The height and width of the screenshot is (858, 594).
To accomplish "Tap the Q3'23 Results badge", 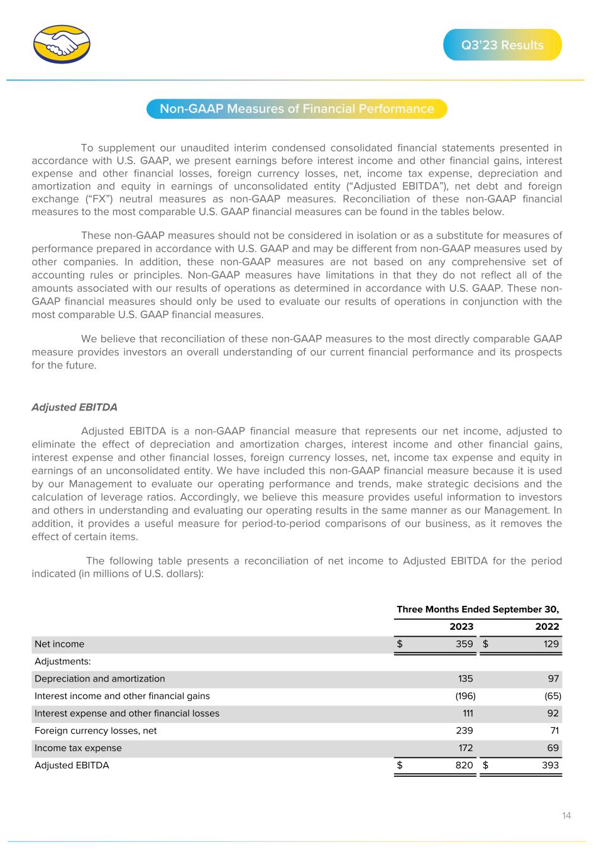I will tap(502, 45).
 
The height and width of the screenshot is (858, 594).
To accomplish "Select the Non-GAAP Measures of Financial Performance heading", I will tap(297, 109).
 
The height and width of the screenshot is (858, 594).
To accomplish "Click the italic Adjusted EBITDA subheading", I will tap(74, 407).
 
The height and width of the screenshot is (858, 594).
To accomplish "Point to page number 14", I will tap(566, 816).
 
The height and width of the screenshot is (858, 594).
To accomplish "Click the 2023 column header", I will tap(461, 627).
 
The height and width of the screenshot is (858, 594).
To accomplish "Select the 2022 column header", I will tap(547, 627).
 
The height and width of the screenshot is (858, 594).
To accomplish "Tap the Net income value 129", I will tap(550, 644).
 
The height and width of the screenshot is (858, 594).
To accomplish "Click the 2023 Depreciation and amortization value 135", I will tap(465, 679).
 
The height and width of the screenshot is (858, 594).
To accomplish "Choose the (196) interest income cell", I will tap(463, 696).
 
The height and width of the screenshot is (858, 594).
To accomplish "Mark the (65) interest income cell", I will tap(551, 696).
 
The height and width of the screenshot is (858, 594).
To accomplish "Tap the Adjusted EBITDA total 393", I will tap(549, 766).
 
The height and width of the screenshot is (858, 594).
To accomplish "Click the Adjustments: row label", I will tap(63, 662).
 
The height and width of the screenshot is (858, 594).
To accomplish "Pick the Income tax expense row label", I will tap(78, 748).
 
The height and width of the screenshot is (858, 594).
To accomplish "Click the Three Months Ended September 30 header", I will tap(478, 610).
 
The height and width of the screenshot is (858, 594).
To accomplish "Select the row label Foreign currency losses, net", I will tap(96, 731).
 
